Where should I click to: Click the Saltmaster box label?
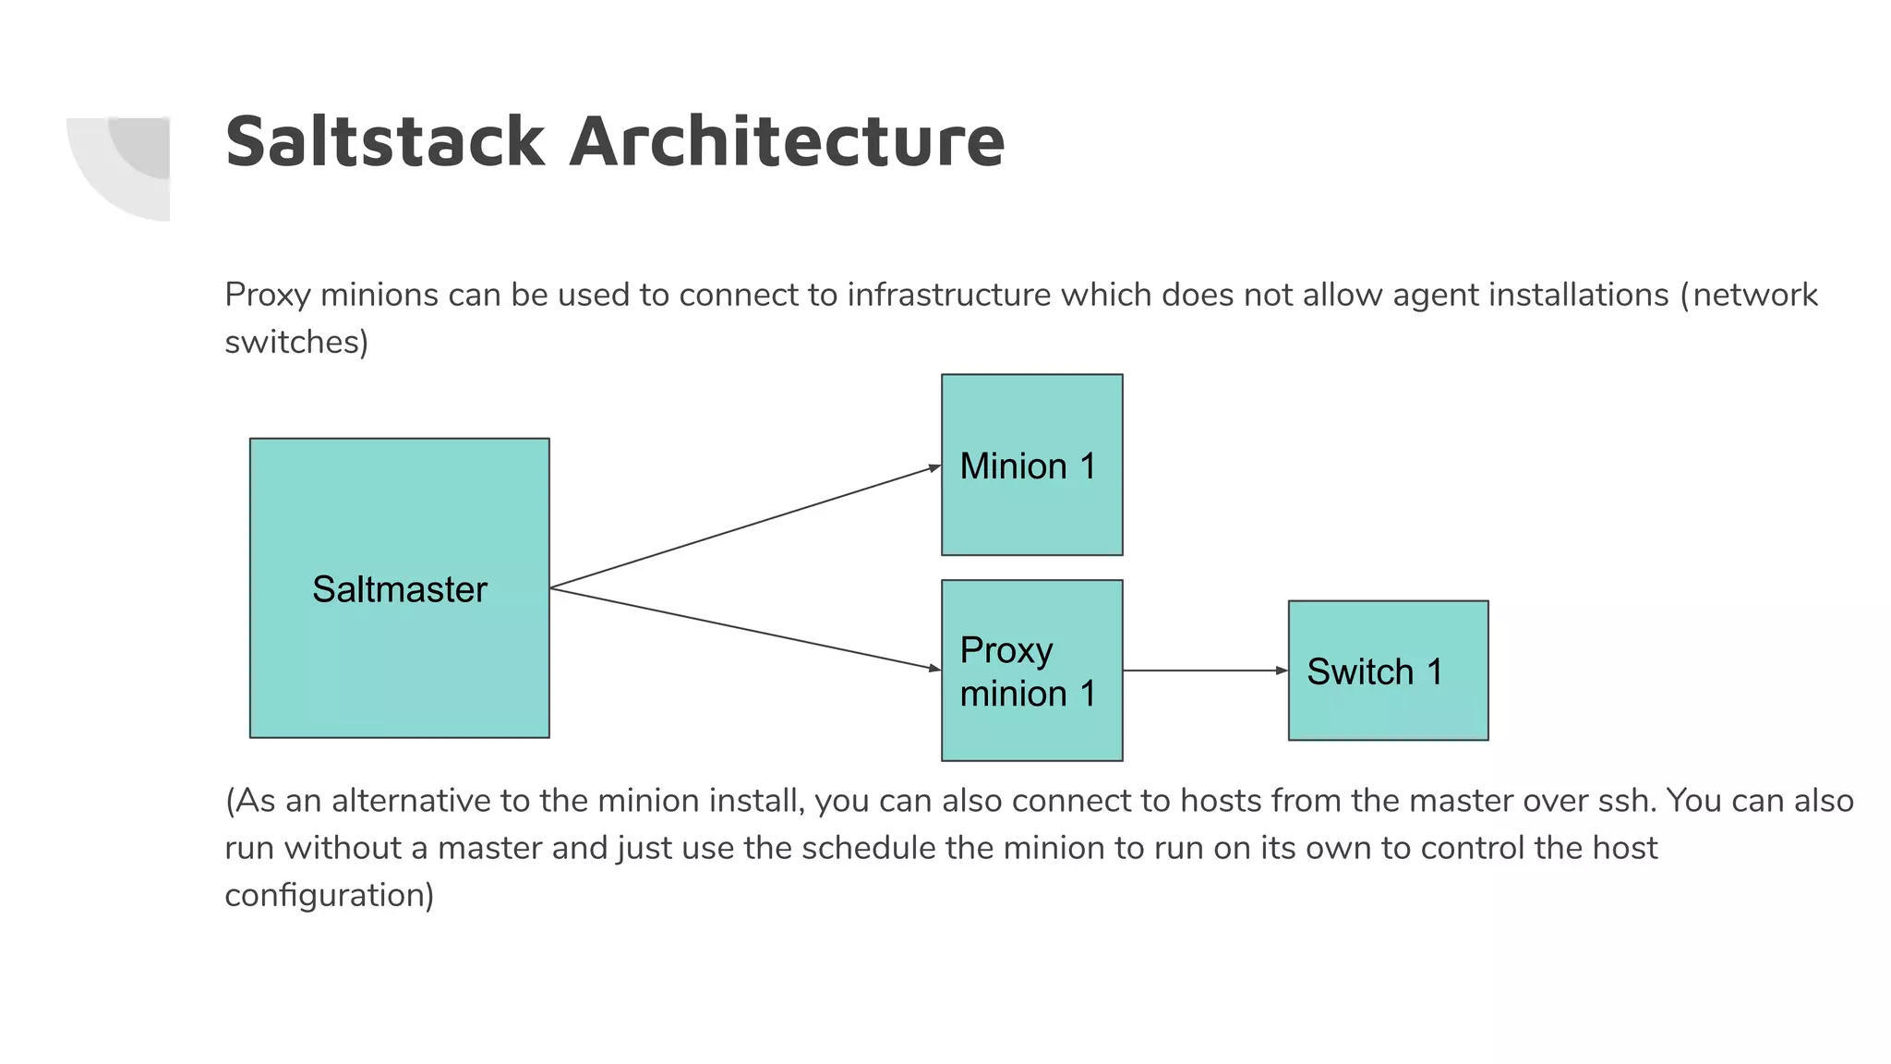point(399,589)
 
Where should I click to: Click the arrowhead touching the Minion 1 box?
point(934,468)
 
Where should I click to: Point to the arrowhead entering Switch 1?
point(1281,671)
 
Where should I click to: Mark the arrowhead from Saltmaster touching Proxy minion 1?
point(933,668)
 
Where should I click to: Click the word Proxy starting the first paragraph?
point(267,296)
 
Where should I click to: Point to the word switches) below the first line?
point(296,343)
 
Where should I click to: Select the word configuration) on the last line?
point(329,895)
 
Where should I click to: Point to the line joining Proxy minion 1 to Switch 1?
point(1200,671)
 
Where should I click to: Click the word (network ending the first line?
point(1749,296)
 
